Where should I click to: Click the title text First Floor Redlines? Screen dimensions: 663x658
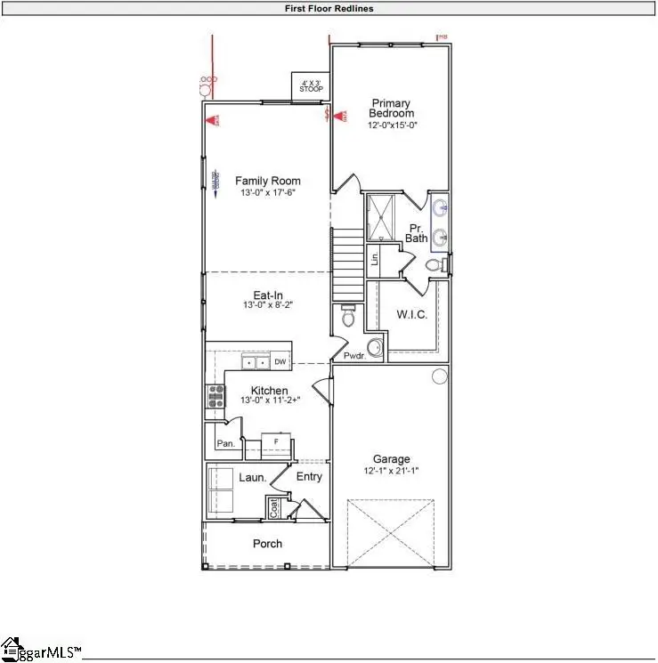(x=329, y=9)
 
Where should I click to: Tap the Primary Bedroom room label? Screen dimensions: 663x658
(x=393, y=109)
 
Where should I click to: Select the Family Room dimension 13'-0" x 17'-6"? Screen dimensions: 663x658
(x=268, y=193)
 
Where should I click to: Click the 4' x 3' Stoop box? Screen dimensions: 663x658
(x=312, y=86)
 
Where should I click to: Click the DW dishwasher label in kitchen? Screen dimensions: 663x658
(x=280, y=362)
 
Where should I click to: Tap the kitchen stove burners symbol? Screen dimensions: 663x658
(x=215, y=395)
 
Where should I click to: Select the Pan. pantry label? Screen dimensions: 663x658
(x=226, y=442)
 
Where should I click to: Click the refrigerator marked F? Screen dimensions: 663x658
(x=276, y=441)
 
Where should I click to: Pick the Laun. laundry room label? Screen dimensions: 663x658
(x=253, y=478)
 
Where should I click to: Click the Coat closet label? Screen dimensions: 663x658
(x=274, y=508)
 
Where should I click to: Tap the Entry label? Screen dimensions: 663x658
(x=309, y=477)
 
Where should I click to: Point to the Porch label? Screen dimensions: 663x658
(x=267, y=544)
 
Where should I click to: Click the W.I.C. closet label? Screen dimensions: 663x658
(x=411, y=314)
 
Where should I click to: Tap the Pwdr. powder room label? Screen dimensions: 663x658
(x=356, y=356)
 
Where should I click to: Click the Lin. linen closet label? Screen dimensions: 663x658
(x=375, y=259)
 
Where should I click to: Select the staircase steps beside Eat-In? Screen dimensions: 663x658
(x=348, y=264)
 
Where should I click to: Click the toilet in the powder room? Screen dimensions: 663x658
(x=348, y=317)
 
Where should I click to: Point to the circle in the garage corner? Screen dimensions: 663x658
(x=440, y=376)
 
